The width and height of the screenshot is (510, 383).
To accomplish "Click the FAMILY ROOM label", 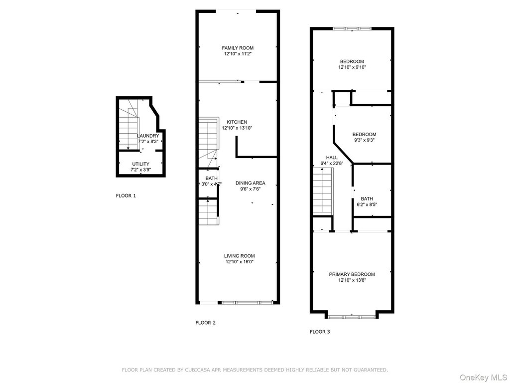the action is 238,48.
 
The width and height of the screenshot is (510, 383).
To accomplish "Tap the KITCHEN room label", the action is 237,122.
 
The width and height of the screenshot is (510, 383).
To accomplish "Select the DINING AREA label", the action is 251,183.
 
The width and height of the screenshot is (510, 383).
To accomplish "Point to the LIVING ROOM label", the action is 240,256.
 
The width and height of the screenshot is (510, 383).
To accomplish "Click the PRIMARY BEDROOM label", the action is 352,274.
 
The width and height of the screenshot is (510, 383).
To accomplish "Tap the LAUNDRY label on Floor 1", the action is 148,136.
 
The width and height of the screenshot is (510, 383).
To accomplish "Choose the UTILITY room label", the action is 141,164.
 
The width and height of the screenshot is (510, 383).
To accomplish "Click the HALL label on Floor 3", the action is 332,158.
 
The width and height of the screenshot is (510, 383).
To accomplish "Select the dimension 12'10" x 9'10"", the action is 352,67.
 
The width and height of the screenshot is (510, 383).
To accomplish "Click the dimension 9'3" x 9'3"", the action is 364,140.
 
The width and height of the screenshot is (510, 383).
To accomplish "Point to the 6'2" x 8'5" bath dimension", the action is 367,205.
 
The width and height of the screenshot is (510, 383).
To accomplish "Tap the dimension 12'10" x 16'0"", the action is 240,262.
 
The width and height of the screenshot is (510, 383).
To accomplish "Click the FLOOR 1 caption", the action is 126,195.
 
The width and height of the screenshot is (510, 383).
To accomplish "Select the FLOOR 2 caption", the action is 206,323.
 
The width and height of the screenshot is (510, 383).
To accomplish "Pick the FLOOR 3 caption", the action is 320,332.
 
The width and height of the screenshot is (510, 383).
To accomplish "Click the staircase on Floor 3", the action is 323,191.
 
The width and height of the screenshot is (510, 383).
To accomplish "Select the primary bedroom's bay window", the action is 352,316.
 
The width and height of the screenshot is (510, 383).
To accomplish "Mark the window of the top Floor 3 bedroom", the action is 352,28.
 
